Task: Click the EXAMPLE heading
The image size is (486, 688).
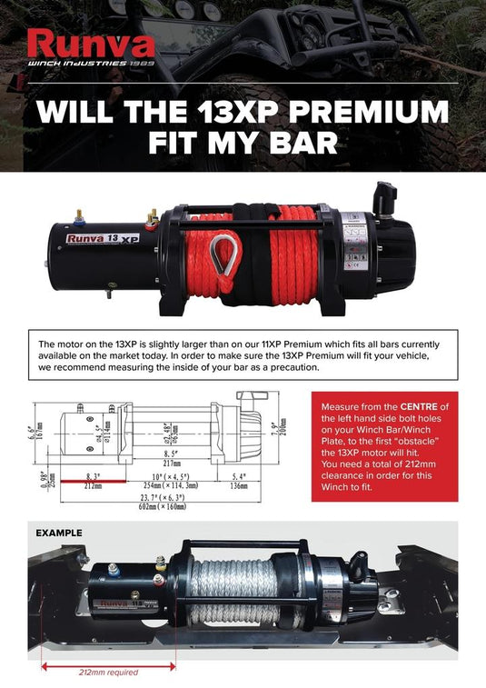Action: click(58, 533)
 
